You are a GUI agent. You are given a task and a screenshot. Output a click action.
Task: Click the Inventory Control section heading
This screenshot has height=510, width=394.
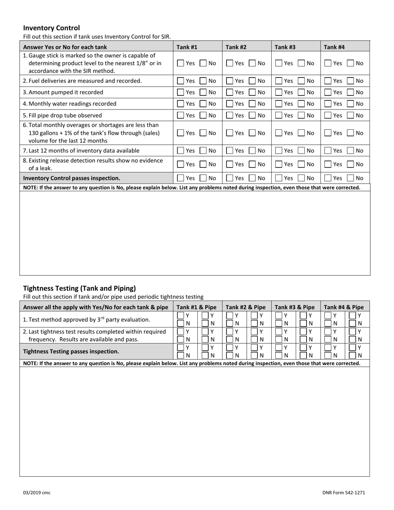pos(51,28)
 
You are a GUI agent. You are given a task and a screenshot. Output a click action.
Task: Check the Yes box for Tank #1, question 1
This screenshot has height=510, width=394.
pos(181,63)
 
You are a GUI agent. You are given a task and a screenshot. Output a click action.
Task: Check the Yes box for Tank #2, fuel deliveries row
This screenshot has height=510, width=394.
pos(230,81)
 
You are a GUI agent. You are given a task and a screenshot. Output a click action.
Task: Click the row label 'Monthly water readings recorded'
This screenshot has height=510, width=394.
pos(70,104)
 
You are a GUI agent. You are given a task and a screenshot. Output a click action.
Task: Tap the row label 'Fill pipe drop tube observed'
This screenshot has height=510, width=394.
pos(62,115)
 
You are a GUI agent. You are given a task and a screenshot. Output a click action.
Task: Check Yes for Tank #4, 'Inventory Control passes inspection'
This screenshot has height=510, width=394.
pos(328,178)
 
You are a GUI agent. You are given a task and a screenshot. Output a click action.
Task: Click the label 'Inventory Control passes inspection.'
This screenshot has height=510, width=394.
pos(72,178)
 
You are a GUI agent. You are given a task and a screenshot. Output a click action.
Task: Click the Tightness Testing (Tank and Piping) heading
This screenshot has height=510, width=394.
pos(79,288)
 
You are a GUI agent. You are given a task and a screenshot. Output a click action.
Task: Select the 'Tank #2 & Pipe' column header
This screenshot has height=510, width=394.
pos(246,307)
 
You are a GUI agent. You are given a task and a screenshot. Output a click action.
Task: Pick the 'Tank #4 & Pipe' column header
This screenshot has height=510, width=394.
pos(344,307)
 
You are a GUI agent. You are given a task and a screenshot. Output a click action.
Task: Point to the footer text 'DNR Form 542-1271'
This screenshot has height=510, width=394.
pos(343,493)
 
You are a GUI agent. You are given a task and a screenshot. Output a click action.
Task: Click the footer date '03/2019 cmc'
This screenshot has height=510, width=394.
pos(37,493)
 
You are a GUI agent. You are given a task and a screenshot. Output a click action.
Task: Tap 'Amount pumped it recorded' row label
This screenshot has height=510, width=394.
pos(63,92)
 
